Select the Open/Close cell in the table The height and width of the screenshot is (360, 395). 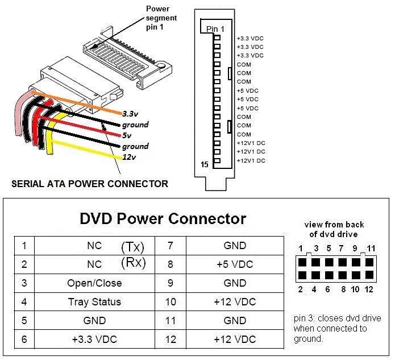click(94, 283)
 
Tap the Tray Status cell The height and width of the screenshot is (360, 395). click(94, 302)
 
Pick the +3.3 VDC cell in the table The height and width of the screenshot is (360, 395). click(94, 340)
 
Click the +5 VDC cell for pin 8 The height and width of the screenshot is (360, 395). click(235, 264)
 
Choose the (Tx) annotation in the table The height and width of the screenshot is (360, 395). click(132, 247)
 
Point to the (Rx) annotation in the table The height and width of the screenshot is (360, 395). click(133, 263)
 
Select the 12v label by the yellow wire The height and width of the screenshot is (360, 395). click(130, 157)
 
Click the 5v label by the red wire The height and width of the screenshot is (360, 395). click(127, 135)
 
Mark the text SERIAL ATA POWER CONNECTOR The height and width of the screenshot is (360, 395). click(90, 184)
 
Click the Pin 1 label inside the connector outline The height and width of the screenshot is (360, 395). click(215, 28)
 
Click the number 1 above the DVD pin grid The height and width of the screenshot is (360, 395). click(301, 249)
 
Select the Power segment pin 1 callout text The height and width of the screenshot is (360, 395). click(161, 18)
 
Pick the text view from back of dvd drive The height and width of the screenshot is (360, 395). click(334, 229)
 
